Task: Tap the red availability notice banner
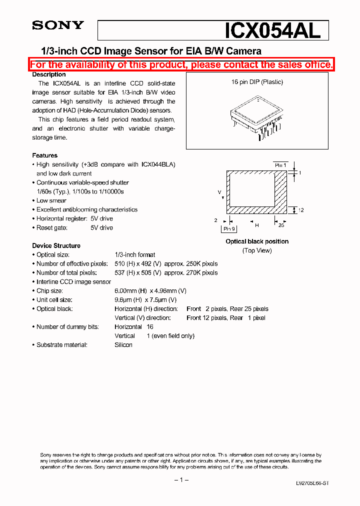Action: (181, 64)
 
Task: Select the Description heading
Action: (49, 74)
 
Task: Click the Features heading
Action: (44, 155)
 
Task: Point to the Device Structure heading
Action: (56, 245)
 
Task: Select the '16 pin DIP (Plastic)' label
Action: (257, 82)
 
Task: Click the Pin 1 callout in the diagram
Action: (280, 164)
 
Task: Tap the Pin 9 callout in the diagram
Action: (229, 228)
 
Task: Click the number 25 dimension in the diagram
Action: (281, 225)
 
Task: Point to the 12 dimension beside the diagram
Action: (301, 210)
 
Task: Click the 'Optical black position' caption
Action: (257, 241)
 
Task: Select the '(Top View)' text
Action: (257, 250)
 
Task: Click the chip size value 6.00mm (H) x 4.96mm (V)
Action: (150, 290)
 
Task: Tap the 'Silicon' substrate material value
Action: (123, 344)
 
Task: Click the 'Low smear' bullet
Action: (51, 200)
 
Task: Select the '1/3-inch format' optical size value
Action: (135, 254)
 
